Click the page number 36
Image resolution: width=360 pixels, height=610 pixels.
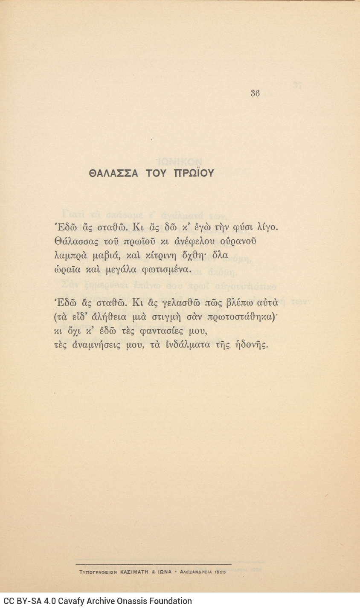255,93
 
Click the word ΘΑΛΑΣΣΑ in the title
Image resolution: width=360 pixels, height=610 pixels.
113,173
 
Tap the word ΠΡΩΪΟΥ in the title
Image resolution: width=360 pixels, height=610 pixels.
194,173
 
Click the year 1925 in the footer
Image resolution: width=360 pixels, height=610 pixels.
221,572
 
